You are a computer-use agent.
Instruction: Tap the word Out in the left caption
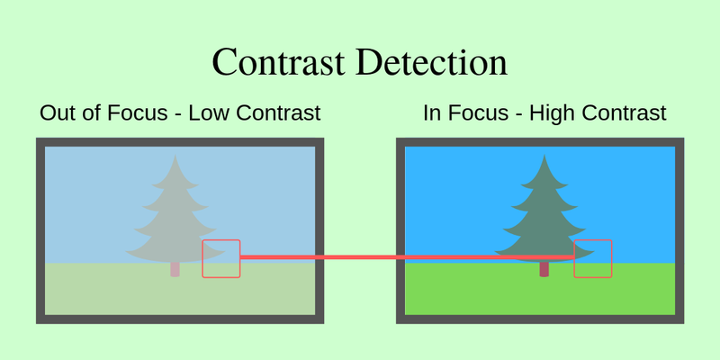(x=57, y=113)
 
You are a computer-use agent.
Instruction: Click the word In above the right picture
(x=432, y=113)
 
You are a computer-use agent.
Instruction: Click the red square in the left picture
(x=220, y=258)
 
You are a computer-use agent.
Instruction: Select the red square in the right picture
(x=592, y=258)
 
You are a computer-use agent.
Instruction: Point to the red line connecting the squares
(x=405, y=258)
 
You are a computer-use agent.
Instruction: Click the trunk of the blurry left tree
(x=175, y=269)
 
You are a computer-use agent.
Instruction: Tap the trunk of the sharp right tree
(x=544, y=269)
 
